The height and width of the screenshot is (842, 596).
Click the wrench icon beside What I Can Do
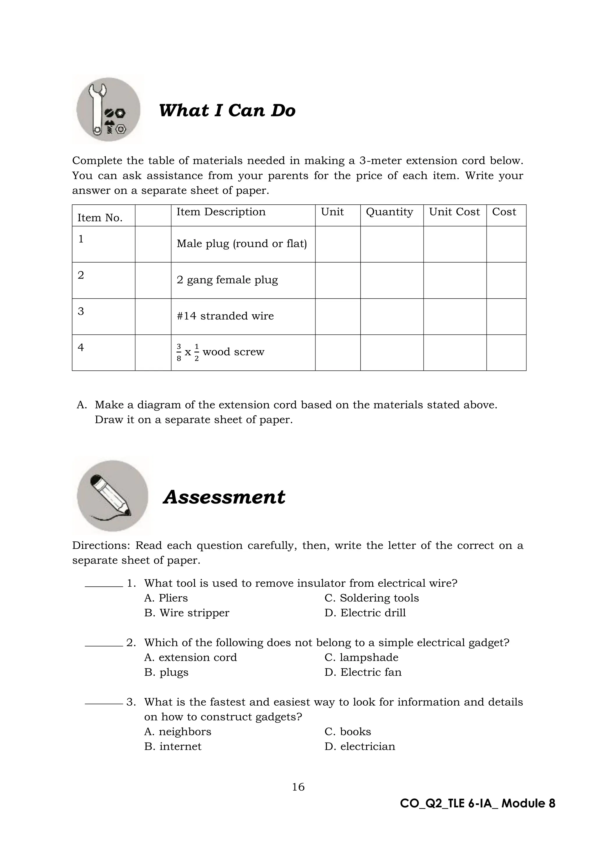click(x=108, y=110)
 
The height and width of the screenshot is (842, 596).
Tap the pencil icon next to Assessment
click(x=112, y=496)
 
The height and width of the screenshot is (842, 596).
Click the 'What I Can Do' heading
click(x=227, y=110)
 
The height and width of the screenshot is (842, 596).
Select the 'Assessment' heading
click(x=224, y=497)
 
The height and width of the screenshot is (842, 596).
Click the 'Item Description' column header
click(x=221, y=212)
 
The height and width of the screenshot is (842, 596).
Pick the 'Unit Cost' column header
click(x=454, y=212)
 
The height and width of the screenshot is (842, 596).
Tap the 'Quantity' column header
click(x=389, y=212)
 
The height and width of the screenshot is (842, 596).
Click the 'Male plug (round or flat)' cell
click(x=242, y=244)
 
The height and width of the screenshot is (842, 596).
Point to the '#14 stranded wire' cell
click(x=225, y=316)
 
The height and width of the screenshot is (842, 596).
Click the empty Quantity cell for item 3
click(x=392, y=316)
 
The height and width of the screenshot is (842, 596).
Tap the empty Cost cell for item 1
click(x=506, y=244)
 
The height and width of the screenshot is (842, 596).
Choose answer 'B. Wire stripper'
click(x=187, y=613)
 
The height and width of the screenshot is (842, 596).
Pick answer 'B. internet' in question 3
click(x=173, y=746)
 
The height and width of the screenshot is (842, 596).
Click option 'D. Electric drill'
click(x=365, y=613)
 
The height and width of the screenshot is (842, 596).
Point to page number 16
click(x=298, y=787)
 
